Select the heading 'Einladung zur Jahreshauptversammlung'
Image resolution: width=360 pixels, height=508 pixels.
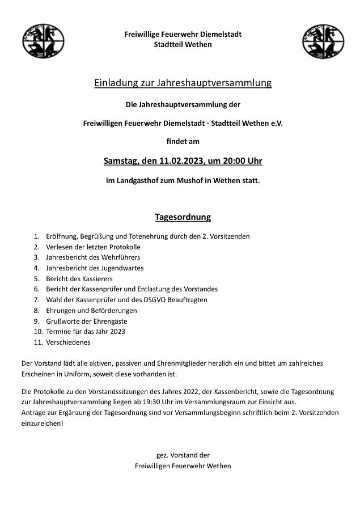coord(183,83)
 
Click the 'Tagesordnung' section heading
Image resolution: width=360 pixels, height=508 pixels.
coord(183,217)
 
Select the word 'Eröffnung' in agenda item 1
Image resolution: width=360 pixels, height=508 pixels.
coord(62,236)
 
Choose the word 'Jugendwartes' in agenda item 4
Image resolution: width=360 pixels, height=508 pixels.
coord(123,268)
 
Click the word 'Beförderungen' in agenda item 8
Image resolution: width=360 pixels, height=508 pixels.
coord(113,311)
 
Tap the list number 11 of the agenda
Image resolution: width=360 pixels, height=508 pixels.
coord(38,342)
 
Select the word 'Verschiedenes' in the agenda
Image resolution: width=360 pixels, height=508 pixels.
coord(68,342)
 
